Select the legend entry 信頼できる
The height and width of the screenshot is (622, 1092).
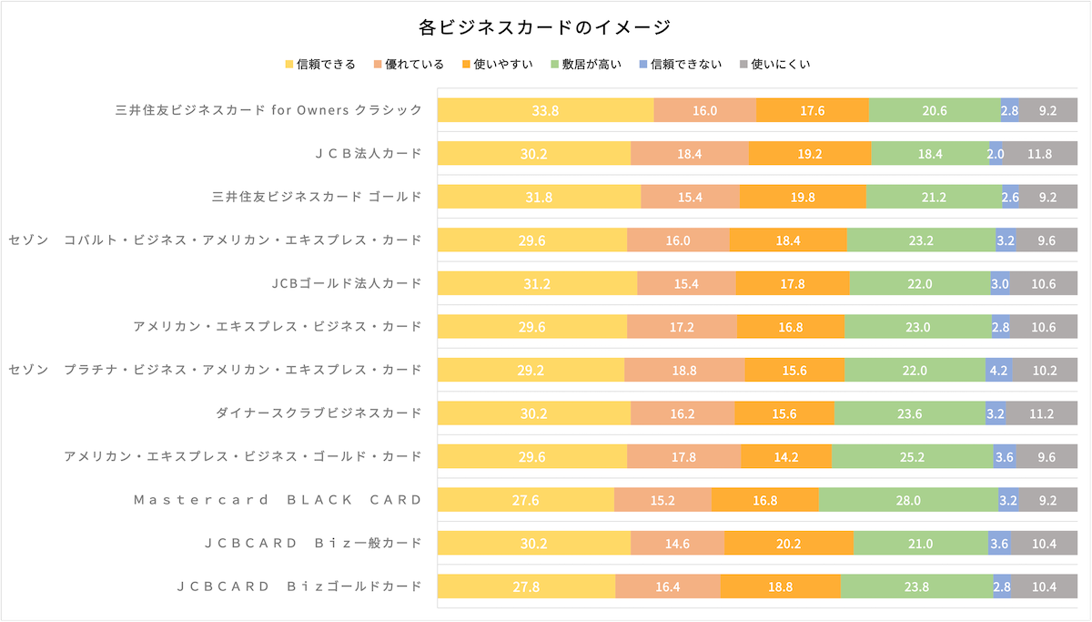(x=319, y=64)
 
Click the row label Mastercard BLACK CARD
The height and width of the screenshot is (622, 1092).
(x=278, y=499)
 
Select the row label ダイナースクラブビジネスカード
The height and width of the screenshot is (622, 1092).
(x=318, y=413)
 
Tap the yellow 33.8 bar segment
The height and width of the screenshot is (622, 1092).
(x=545, y=110)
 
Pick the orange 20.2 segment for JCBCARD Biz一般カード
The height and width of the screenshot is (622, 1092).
(x=788, y=544)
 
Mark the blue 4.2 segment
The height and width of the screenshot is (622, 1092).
(x=998, y=371)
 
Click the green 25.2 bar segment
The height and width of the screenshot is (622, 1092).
(x=912, y=457)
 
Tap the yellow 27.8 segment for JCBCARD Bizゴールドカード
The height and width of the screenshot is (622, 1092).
(x=526, y=586)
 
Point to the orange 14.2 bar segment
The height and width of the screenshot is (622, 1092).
(x=786, y=457)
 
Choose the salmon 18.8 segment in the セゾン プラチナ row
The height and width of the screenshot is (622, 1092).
(x=684, y=371)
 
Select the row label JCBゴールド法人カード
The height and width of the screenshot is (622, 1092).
(x=347, y=283)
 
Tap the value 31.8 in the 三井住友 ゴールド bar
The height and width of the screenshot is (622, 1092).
(x=539, y=197)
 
